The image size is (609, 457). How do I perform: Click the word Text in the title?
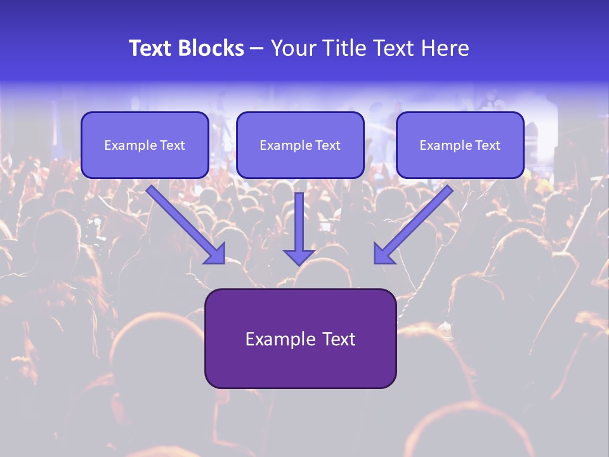[x=150, y=48]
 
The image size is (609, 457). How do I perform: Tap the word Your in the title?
[x=294, y=48]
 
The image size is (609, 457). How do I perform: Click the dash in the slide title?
[x=257, y=49]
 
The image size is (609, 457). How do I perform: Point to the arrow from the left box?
[x=184, y=222]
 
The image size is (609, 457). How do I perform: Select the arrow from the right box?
[x=416, y=222]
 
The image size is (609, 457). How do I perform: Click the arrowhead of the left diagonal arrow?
[x=216, y=255]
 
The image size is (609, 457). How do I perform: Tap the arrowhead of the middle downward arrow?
[x=299, y=257]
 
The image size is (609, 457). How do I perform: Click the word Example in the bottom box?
[x=276, y=339]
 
